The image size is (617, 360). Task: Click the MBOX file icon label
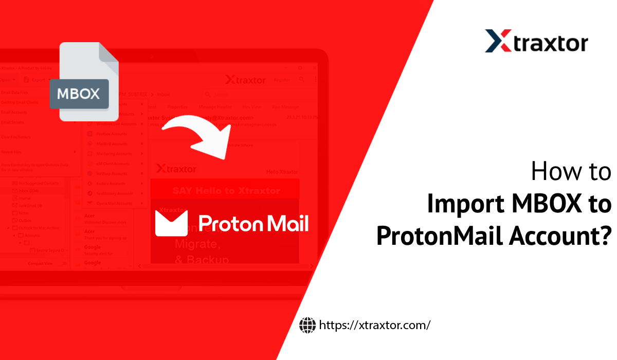[x=79, y=94]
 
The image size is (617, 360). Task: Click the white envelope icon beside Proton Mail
[x=171, y=223]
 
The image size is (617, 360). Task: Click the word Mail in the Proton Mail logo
[x=287, y=223]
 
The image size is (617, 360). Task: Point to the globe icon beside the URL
[x=307, y=325]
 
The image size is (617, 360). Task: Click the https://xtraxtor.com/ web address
[x=374, y=325]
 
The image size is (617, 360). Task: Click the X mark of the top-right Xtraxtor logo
[x=497, y=41]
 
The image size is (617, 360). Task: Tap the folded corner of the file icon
[x=108, y=55]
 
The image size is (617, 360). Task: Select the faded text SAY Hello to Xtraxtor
[x=226, y=191]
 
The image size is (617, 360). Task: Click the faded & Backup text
[x=202, y=260]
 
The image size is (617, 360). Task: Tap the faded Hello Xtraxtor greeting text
[x=282, y=172]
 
